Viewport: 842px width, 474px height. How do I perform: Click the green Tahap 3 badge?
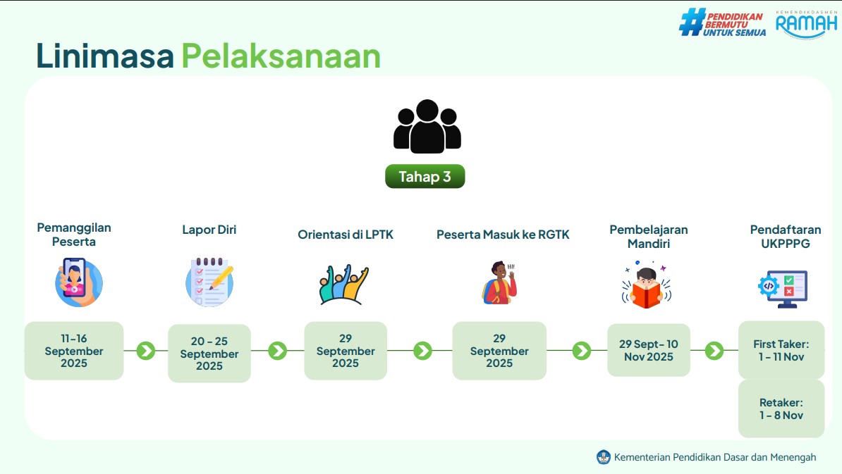(425, 176)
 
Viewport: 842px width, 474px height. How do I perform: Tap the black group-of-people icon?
(427, 127)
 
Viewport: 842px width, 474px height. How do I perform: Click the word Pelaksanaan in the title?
(281, 56)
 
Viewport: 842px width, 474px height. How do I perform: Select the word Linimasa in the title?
(105, 56)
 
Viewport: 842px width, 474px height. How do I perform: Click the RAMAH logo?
(807, 24)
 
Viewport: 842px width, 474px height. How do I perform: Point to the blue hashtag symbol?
(692, 22)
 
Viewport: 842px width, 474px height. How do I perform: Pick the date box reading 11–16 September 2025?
(74, 351)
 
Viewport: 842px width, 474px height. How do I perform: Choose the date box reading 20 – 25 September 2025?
(209, 354)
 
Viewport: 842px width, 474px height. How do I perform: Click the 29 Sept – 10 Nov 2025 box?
(649, 350)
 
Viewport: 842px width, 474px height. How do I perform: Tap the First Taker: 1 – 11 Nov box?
(781, 350)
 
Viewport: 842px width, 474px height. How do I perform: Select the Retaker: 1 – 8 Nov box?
(781, 408)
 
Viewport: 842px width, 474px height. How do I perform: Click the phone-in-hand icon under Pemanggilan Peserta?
(78, 282)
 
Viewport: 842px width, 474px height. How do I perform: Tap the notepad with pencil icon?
(209, 282)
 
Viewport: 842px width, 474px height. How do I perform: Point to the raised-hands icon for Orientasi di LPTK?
(343, 285)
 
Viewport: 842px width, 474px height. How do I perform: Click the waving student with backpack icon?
(499, 282)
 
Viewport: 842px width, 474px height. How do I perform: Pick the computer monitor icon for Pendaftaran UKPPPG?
(783, 289)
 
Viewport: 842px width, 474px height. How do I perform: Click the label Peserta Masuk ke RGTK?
(503, 235)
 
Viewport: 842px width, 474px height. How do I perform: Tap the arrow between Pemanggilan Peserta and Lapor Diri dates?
(145, 351)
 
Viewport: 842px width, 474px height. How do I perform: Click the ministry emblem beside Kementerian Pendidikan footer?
(604, 457)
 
